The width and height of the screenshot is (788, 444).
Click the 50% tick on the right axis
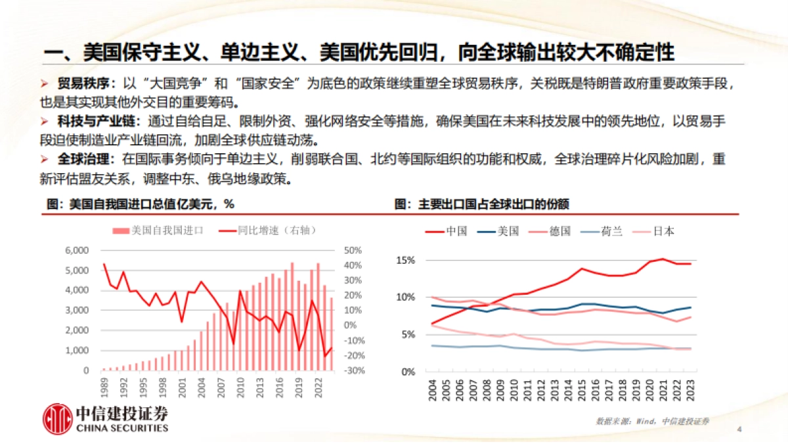click(x=353, y=251)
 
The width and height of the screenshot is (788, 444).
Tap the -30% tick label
click(x=353, y=370)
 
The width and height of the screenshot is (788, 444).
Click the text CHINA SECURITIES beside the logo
click(x=122, y=428)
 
